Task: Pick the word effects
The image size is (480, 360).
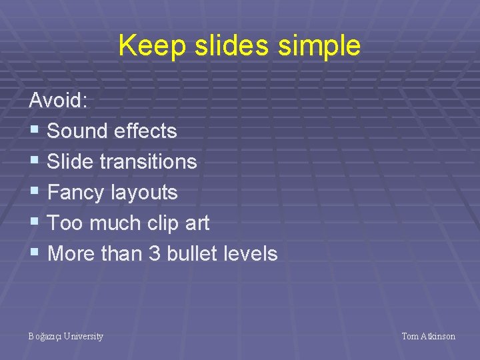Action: click(x=145, y=131)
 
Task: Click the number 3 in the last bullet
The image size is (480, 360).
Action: click(x=155, y=254)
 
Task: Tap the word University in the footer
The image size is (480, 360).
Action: click(x=83, y=337)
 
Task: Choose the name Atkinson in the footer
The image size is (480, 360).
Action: click(x=437, y=337)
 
